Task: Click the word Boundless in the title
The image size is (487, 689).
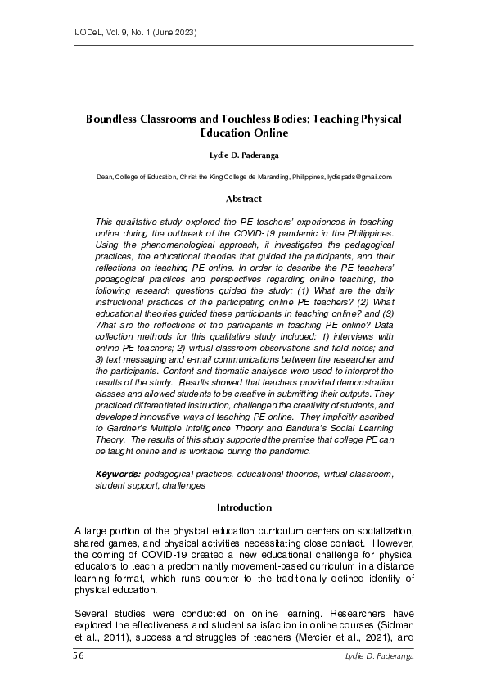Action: click(114, 119)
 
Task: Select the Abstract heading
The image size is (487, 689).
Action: click(244, 199)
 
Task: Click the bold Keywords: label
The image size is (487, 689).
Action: click(119, 474)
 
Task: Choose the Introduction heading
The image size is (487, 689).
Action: click(244, 507)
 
